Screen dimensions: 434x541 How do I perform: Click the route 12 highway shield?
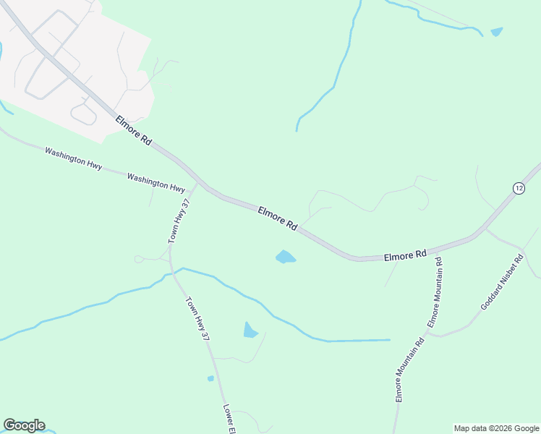click(519, 188)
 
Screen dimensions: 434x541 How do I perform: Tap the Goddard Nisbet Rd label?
click(502, 281)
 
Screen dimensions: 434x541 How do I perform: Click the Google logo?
click(24, 425)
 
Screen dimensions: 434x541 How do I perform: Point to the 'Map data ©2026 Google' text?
click(495, 428)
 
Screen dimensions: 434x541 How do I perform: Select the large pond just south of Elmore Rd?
click(286, 257)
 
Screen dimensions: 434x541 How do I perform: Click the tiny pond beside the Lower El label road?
click(210, 378)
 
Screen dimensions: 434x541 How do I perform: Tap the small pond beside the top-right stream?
click(496, 32)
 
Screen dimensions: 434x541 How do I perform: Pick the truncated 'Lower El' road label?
click(229, 419)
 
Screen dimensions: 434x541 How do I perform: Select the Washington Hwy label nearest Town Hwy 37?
click(156, 182)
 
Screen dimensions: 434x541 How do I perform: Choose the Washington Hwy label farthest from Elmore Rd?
click(73, 157)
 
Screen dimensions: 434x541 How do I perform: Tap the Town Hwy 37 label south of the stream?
click(197, 319)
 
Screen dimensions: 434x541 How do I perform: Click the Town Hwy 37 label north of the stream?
click(179, 221)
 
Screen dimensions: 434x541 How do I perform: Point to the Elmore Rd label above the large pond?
click(278, 218)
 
